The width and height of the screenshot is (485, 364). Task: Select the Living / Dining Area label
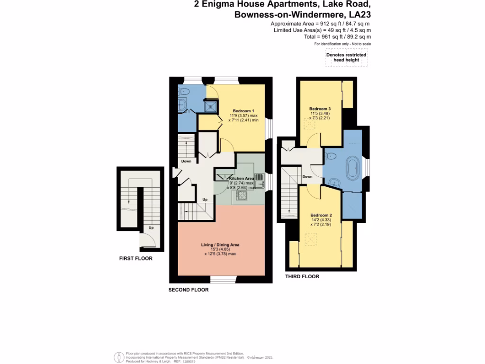click(x=220, y=245)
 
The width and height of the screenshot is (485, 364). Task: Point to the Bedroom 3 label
click(x=320, y=109)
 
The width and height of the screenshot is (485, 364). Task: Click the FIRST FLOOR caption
click(x=135, y=259)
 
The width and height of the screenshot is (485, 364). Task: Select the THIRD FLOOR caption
click(x=302, y=276)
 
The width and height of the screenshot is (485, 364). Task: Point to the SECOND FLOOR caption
click(x=189, y=290)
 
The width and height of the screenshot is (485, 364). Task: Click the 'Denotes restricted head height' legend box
click(x=346, y=57)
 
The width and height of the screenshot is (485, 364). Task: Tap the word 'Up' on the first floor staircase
click(x=151, y=227)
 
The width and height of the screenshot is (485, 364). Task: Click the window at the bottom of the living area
click(x=220, y=279)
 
